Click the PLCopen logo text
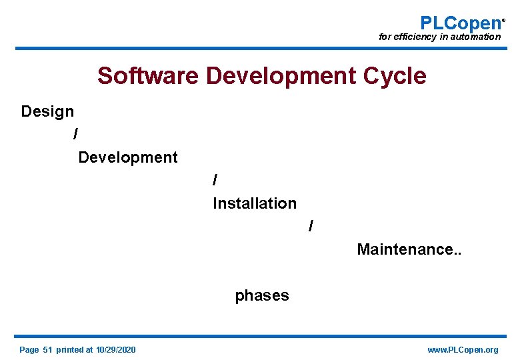click(x=460, y=23)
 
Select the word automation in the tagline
click(x=475, y=37)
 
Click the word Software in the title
click(x=148, y=76)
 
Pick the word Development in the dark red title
click(x=281, y=76)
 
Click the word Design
click(x=47, y=111)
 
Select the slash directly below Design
click(x=75, y=135)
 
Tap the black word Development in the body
click(x=128, y=158)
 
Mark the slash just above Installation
click(x=215, y=181)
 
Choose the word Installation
click(x=255, y=203)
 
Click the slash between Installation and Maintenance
click(x=311, y=227)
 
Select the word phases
click(x=262, y=295)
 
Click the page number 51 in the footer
click(x=47, y=350)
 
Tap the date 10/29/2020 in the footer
click(x=116, y=350)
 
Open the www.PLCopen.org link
click(x=463, y=350)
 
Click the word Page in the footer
click(x=29, y=350)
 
